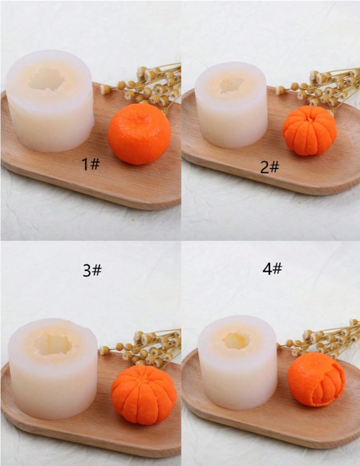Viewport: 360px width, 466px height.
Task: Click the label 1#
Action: coord(91,164)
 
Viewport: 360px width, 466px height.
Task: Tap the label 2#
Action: coord(269,167)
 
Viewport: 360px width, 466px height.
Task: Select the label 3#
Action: coord(92,270)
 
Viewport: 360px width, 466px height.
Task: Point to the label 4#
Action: coord(272,269)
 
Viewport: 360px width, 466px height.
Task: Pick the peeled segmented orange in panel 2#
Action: coord(309,130)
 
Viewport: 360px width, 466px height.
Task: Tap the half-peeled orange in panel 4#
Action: coord(316,380)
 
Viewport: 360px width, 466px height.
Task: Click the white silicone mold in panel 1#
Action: coord(50,101)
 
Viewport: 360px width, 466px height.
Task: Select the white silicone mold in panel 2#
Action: coord(231,105)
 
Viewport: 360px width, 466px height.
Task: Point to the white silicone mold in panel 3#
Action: coord(53,369)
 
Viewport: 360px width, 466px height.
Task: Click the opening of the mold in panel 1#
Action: coord(47,79)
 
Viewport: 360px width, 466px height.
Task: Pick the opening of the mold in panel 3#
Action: coord(53,344)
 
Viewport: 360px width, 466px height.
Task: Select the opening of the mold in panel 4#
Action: coord(237,341)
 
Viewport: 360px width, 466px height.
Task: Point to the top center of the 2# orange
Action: coord(309,120)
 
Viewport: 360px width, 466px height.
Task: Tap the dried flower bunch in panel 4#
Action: coord(319,338)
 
